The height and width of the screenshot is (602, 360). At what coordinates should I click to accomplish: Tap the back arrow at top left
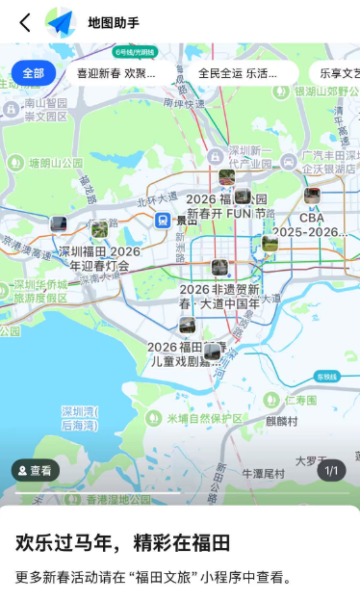click(x=25, y=22)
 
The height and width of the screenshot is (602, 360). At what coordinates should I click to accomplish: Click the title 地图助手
click(x=114, y=22)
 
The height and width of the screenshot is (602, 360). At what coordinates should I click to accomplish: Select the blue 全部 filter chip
click(x=34, y=73)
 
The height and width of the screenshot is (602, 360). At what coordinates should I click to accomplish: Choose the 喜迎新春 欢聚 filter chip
click(x=116, y=73)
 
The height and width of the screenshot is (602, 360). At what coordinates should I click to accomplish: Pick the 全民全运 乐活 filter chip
click(x=236, y=73)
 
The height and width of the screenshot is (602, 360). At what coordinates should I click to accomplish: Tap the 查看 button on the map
click(x=36, y=471)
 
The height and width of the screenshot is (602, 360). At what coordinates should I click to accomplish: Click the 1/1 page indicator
click(x=332, y=471)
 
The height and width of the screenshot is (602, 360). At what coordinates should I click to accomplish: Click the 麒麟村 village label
click(x=282, y=421)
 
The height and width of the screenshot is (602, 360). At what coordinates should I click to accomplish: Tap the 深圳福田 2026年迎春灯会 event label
click(x=99, y=258)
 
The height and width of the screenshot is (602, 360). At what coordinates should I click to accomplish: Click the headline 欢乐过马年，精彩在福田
click(x=123, y=542)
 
